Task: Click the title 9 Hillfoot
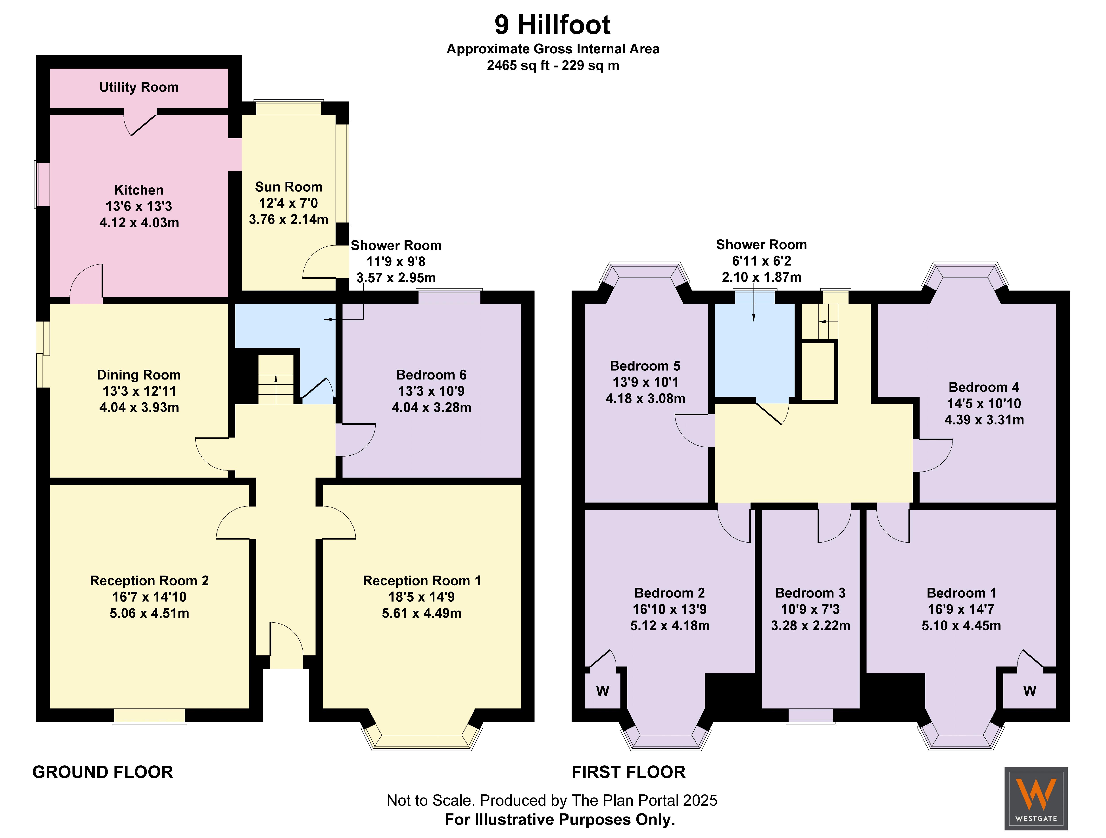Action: click(x=553, y=25)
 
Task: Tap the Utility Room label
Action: click(x=138, y=87)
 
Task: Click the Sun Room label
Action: click(x=288, y=187)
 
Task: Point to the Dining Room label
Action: click(x=138, y=375)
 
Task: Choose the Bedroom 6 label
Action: click(x=431, y=375)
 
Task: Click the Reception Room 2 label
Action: click(x=149, y=580)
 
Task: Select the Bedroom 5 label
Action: click(x=645, y=366)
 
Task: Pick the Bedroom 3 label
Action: click(x=810, y=593)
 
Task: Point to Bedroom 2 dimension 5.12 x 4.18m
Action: click(x=670, y=625)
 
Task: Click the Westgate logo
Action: click(x=1036, y=798)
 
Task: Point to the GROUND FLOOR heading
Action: click(x=102, y=772)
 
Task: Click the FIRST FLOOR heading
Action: click(x=628, y=772)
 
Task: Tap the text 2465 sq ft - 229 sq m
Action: click(x=553, y=65)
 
